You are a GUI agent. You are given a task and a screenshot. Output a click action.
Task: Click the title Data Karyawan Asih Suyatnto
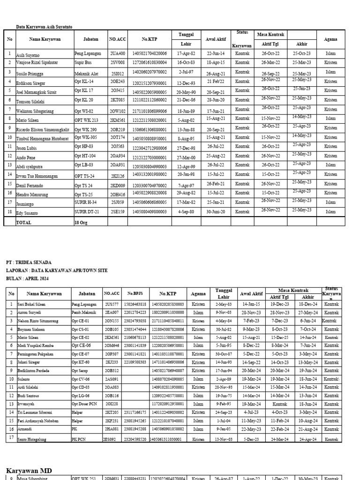(x=45, y=27)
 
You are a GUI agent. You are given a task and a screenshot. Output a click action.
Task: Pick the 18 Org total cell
(x=81, y=222)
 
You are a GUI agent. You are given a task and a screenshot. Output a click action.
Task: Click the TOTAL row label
(x=24, y=222)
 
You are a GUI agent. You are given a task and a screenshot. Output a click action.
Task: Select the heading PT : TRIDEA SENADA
(x=29, y=262)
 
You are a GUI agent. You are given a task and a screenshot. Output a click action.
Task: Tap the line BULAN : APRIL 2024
(x=28, y=278)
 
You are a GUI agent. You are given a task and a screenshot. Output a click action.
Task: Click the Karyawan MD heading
(x=29, y=470)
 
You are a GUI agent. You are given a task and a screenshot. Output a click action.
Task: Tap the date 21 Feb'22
(x=216, y=82)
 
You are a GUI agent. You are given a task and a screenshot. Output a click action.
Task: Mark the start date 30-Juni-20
(x=216, y=211)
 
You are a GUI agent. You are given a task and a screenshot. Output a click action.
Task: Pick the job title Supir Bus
(x=83, y=62)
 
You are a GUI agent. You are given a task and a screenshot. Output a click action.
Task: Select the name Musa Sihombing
(x=33, y=478)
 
